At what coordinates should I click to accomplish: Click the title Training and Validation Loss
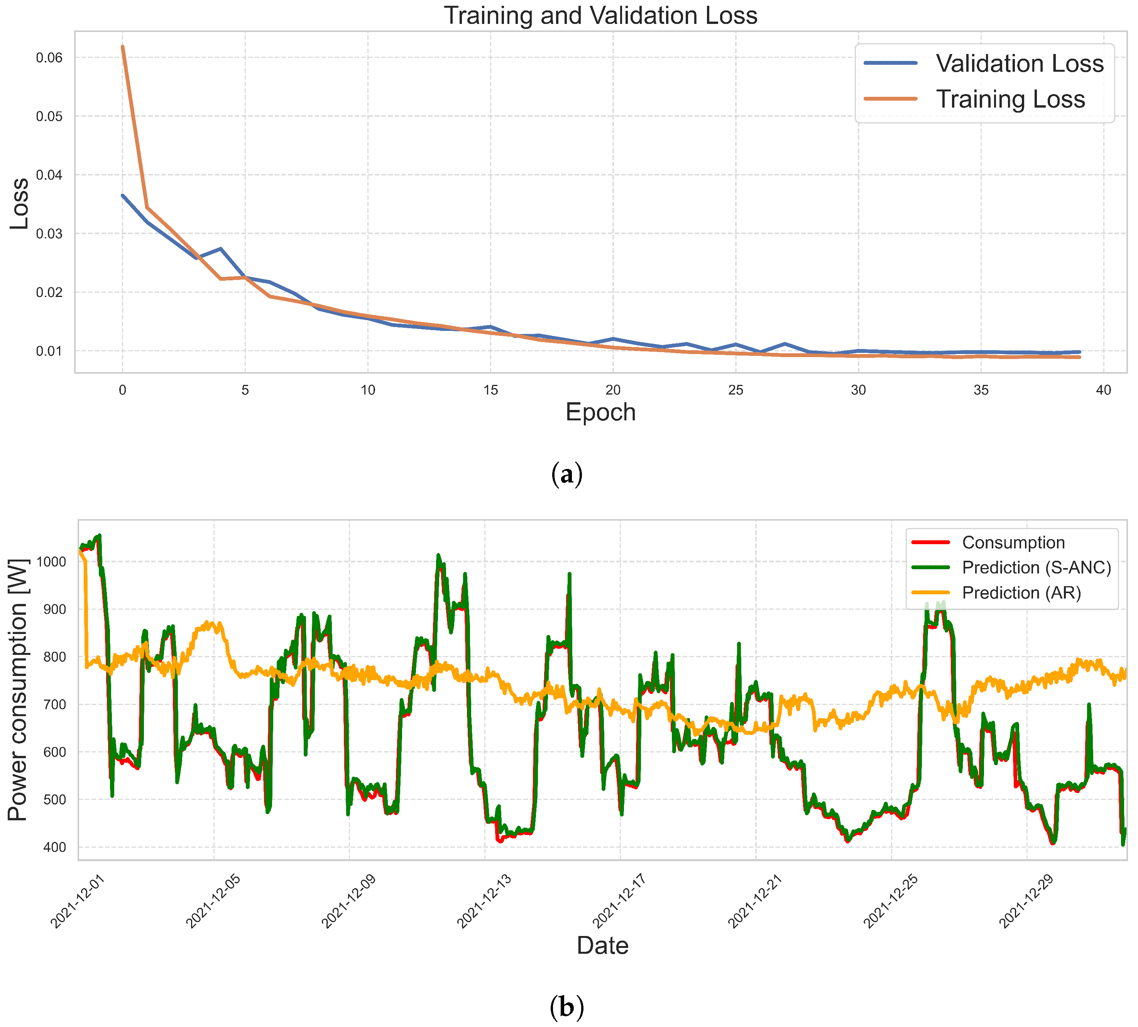(x=600, y=15)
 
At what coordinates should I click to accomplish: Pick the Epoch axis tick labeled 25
(x=736, y=391)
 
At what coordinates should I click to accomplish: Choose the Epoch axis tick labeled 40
(x=1104, y=391)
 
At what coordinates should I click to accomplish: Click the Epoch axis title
(x=600, y=413)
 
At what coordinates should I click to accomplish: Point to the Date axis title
(x=602, y=945)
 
